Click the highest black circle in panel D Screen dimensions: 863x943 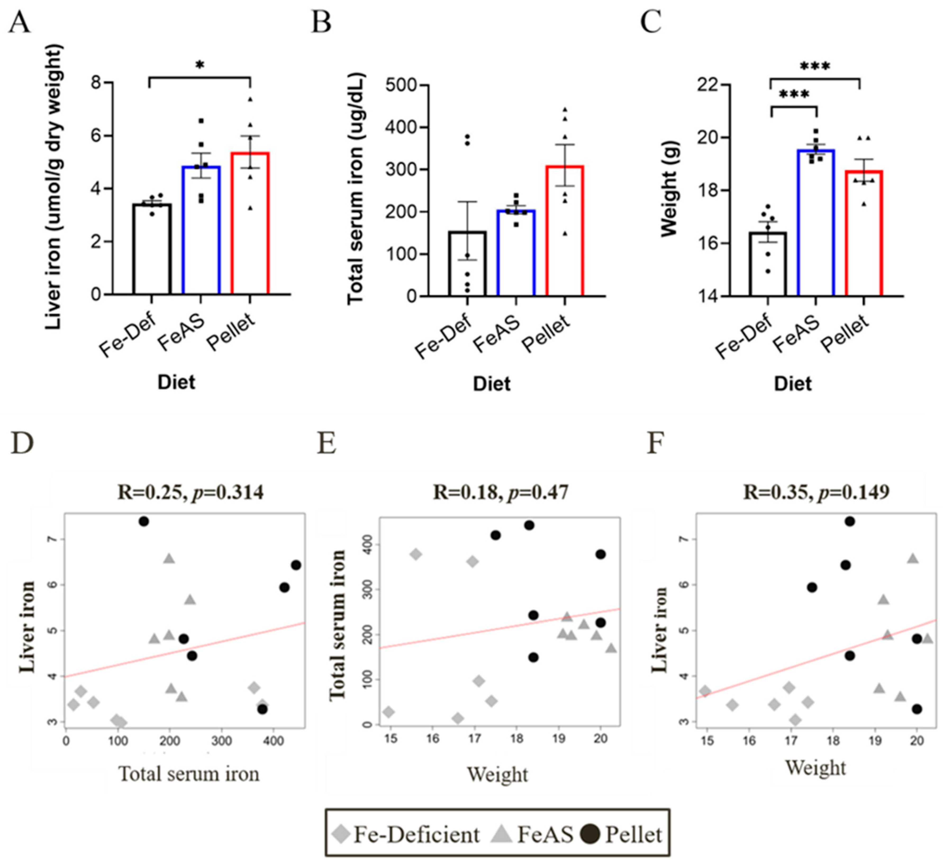pos(144,521)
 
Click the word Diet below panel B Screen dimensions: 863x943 pos(492,384)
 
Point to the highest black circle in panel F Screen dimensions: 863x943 pos(850,521)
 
